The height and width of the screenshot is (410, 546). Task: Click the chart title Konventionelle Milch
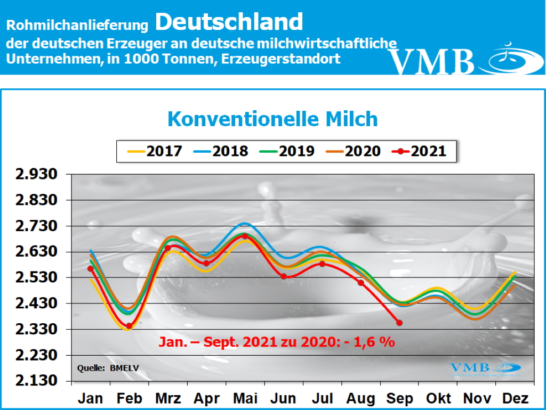[272, 119]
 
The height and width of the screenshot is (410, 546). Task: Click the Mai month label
[246, 398]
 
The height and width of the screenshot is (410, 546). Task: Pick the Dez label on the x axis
[515, 398]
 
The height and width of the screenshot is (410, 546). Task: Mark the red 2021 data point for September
[399, 323]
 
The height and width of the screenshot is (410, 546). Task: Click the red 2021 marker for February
[129, 326]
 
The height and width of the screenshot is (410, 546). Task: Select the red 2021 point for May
[245, 236]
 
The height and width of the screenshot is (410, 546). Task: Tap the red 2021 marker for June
[284, 276]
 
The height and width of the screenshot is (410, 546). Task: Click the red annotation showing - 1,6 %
[276, 342]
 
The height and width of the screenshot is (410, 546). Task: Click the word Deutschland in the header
[230, 22]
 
